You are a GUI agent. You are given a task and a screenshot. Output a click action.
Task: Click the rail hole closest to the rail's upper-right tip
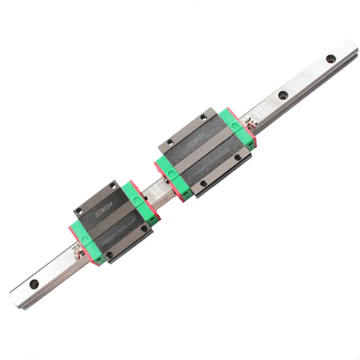coord(331,59)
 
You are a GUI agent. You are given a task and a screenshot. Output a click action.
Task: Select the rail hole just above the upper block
coord(283,95)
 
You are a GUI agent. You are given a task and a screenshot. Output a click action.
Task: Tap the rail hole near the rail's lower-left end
coord(34,284)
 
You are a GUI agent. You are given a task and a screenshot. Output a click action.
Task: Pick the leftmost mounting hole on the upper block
coord(169,143)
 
